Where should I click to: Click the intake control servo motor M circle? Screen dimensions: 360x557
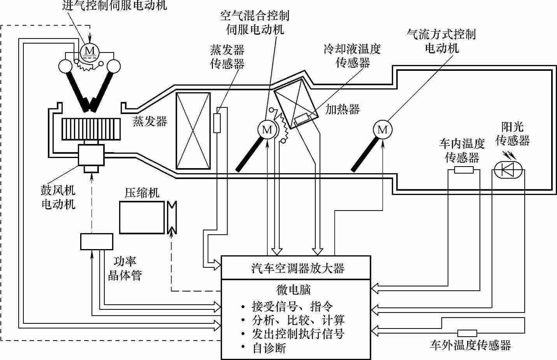90,51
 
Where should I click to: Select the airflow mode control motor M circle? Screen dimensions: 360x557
383,130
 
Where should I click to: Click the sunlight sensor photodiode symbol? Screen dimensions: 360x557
508,170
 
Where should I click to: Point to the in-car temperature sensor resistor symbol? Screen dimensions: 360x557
464,170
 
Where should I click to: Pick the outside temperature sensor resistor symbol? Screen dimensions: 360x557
467,333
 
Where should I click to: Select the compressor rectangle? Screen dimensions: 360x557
142,217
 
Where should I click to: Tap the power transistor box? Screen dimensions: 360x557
97,242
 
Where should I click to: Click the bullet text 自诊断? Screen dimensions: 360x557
269,348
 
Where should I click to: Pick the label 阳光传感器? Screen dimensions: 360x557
512,133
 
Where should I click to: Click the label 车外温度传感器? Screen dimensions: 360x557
470,345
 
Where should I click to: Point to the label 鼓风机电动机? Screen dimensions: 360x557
58,198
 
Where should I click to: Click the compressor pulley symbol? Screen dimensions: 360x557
172,217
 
